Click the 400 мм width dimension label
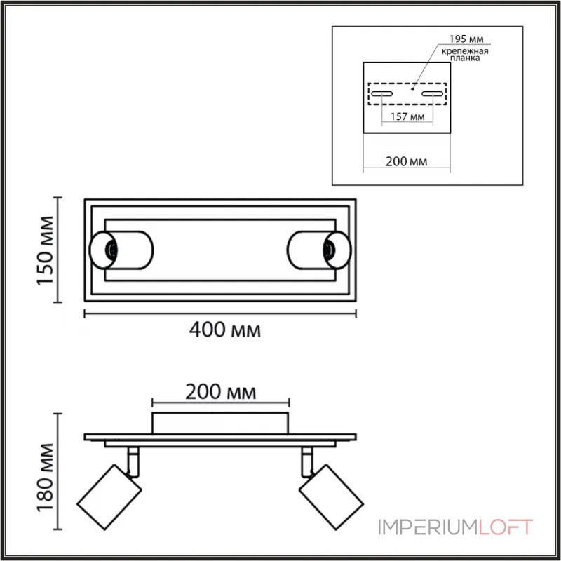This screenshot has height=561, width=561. [x=225, y=330]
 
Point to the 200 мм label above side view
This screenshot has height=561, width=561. [x=221, y=390]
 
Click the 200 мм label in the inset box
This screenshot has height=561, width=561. [x=407, y=161]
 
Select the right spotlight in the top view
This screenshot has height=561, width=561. [x=317, y=249]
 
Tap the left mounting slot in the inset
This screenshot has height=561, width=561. [x=382, y=94]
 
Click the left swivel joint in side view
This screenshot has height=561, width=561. [x=133, y=459]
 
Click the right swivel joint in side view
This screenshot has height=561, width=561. [x=306, y=459]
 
